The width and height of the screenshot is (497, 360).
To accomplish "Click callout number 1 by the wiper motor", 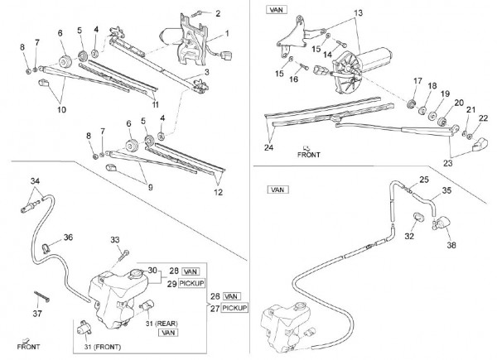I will coord(228,34).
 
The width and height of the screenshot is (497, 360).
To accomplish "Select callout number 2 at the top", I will coord(218,13).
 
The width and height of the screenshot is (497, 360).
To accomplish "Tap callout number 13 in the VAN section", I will coord(358,13).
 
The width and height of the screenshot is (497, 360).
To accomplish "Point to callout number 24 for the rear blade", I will coord(268,148).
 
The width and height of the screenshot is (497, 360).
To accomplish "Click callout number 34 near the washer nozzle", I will coord(35,180).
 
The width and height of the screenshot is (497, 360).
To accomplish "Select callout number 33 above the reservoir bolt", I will coord(116,239).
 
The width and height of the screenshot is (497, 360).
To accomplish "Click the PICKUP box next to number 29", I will coord(191,283).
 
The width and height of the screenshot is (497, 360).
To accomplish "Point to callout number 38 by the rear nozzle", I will coord(451,245).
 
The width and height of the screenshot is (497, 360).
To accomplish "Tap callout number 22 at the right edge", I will coord(483,118).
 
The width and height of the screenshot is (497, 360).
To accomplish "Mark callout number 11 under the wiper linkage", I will coord(155,105).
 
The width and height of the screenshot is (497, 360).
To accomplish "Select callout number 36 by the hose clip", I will coord(68,238).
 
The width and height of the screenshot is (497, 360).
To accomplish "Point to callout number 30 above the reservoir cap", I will coord(152,270).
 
